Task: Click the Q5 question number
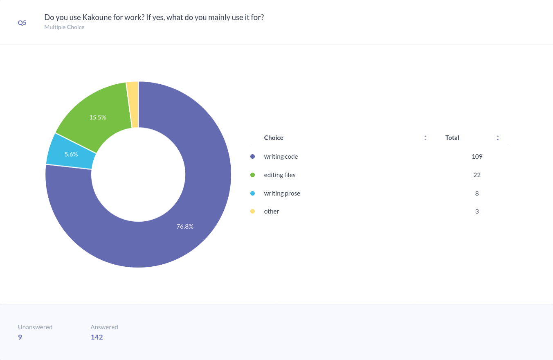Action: pos(22,23)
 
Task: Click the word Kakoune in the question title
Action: pos(98,18)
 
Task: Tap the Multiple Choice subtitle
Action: pos(64,27)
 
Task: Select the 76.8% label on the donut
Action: pos(185,226)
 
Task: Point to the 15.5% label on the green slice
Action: pos(98,117)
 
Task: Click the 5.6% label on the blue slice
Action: pos(71,154)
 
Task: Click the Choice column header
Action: pos(274,138)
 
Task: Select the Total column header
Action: pos(452,138)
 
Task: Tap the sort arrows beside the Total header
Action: pos(498,138)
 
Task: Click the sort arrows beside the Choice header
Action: pos(425,138)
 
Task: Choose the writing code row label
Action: pos(281,157)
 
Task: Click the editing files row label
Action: pos(280,175)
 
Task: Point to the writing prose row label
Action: pos(282,193)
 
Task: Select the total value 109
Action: pos(477,157)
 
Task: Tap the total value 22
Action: pos(477,175)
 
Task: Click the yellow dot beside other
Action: pos(252,211)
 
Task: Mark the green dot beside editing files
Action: pos(252,175)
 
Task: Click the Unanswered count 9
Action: pos(20,337)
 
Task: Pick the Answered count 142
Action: pos(97,337)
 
